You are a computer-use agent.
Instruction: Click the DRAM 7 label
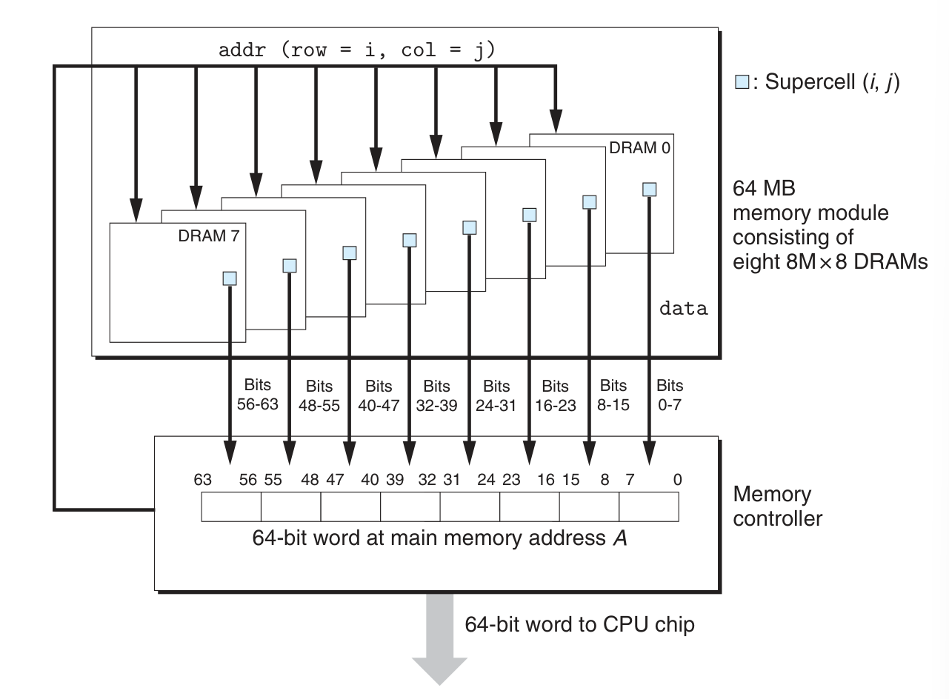point(209,236)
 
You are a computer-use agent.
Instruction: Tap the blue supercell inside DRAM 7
point(230,278)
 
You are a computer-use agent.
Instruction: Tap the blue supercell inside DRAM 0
point(650,190)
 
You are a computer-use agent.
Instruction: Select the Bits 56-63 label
point(257,395)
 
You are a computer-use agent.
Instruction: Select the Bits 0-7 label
point(670,395)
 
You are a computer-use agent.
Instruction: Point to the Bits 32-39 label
point(436,395)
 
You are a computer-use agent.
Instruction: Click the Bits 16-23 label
point(555,395)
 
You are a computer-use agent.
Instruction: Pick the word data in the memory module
point(683,309)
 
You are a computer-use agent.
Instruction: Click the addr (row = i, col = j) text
point(356,50)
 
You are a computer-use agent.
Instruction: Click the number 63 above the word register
point(202,480)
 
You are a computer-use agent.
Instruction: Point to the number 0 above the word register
point(677,480)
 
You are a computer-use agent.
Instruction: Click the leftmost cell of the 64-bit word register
point(231,507)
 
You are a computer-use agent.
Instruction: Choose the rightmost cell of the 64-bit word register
point(648,507)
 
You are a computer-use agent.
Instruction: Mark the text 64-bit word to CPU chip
point(579,624)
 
